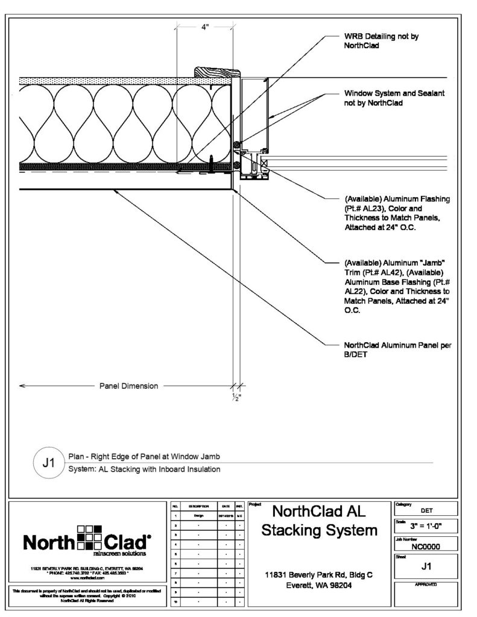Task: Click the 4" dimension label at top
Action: (x=205, y=27)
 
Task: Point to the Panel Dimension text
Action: (x=128, y=386)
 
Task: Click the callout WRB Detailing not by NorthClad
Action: (x=381, y=40)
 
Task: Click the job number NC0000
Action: (x=425, y=547)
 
